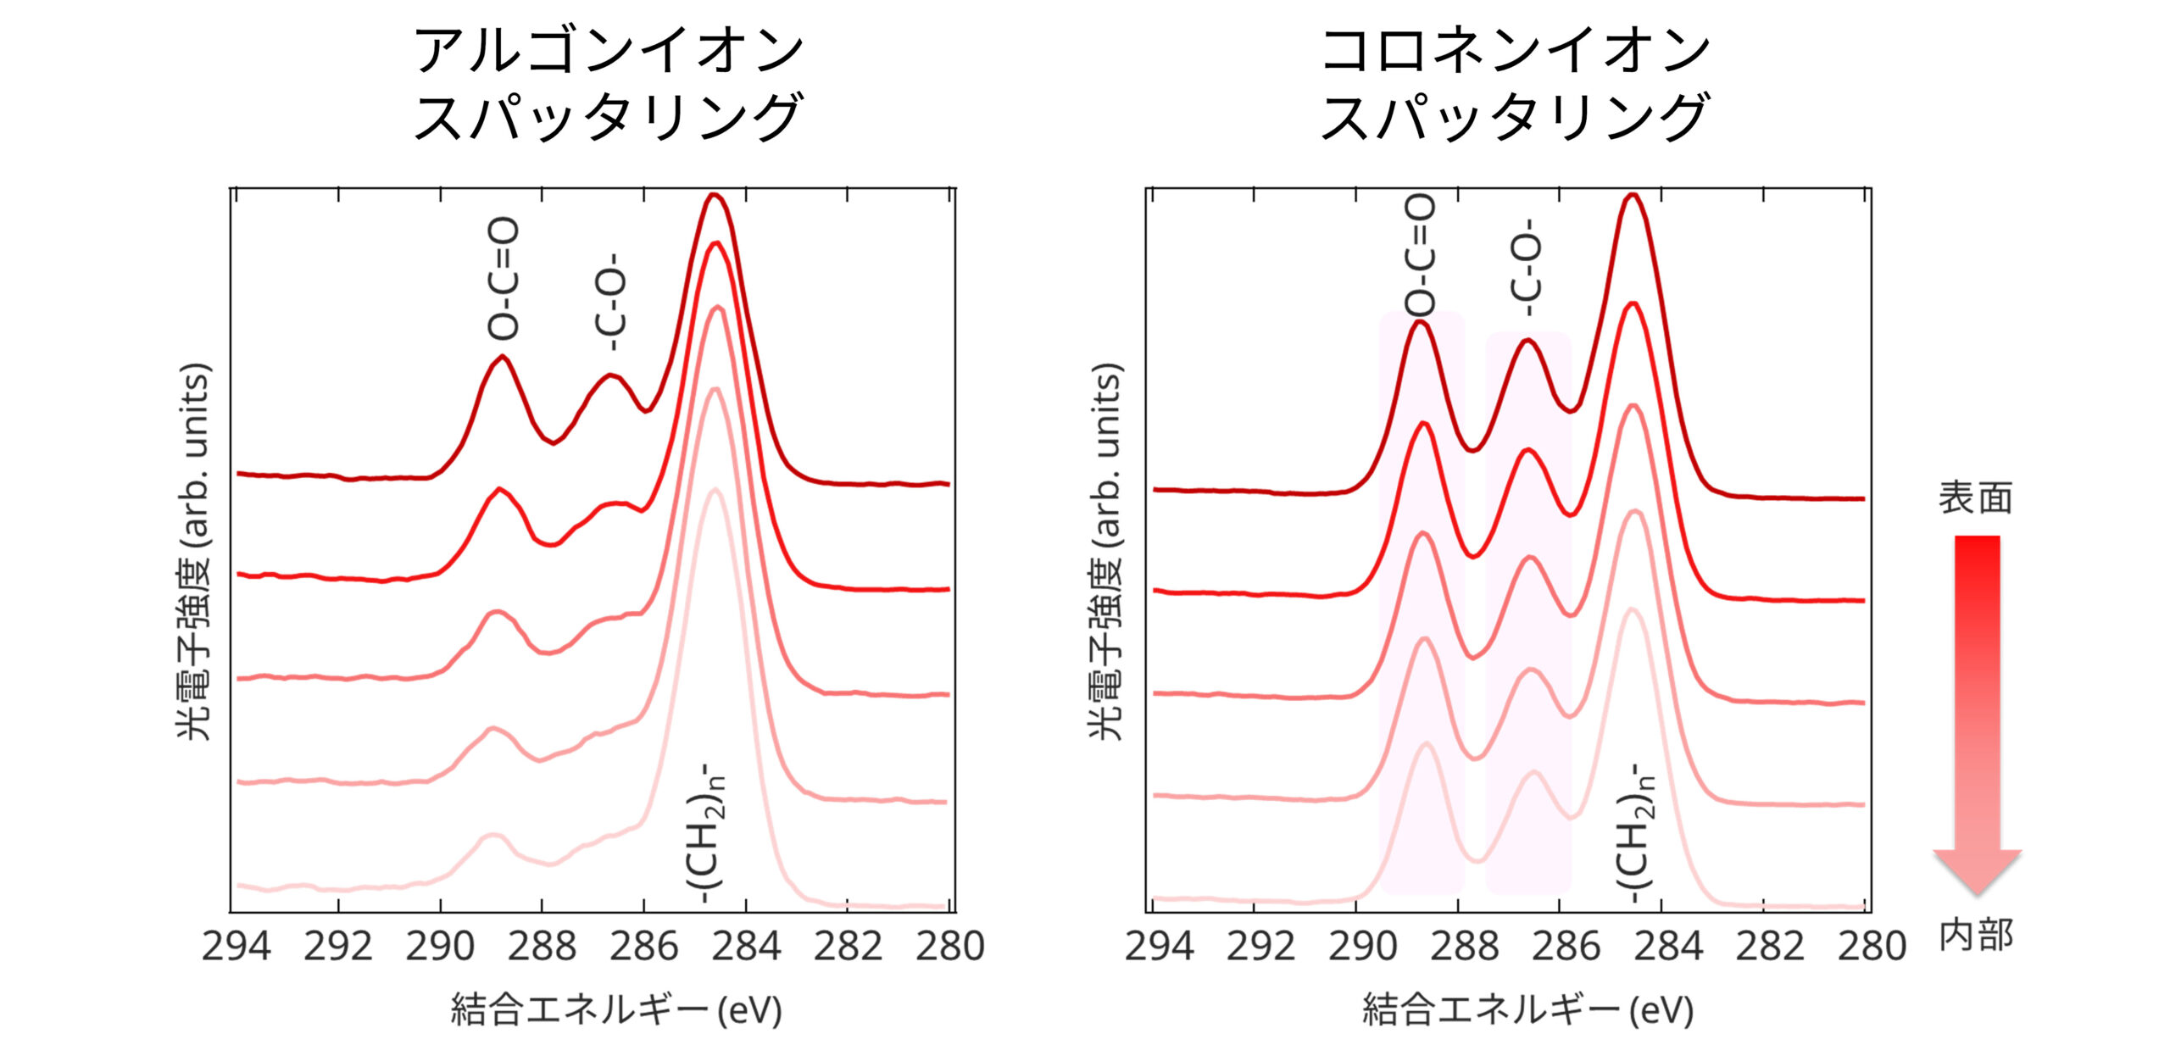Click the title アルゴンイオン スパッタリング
608,83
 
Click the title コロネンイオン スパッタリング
1515,83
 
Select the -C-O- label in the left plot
612,302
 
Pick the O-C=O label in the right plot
1421,254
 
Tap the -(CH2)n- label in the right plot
1634,834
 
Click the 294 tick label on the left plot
236,947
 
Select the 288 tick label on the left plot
542,947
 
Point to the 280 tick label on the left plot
949,947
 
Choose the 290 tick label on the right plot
1362,947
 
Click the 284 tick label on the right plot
1668,947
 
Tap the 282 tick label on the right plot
1770,947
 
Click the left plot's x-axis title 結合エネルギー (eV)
616,1010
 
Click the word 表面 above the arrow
1975,498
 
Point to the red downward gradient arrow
1977,712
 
